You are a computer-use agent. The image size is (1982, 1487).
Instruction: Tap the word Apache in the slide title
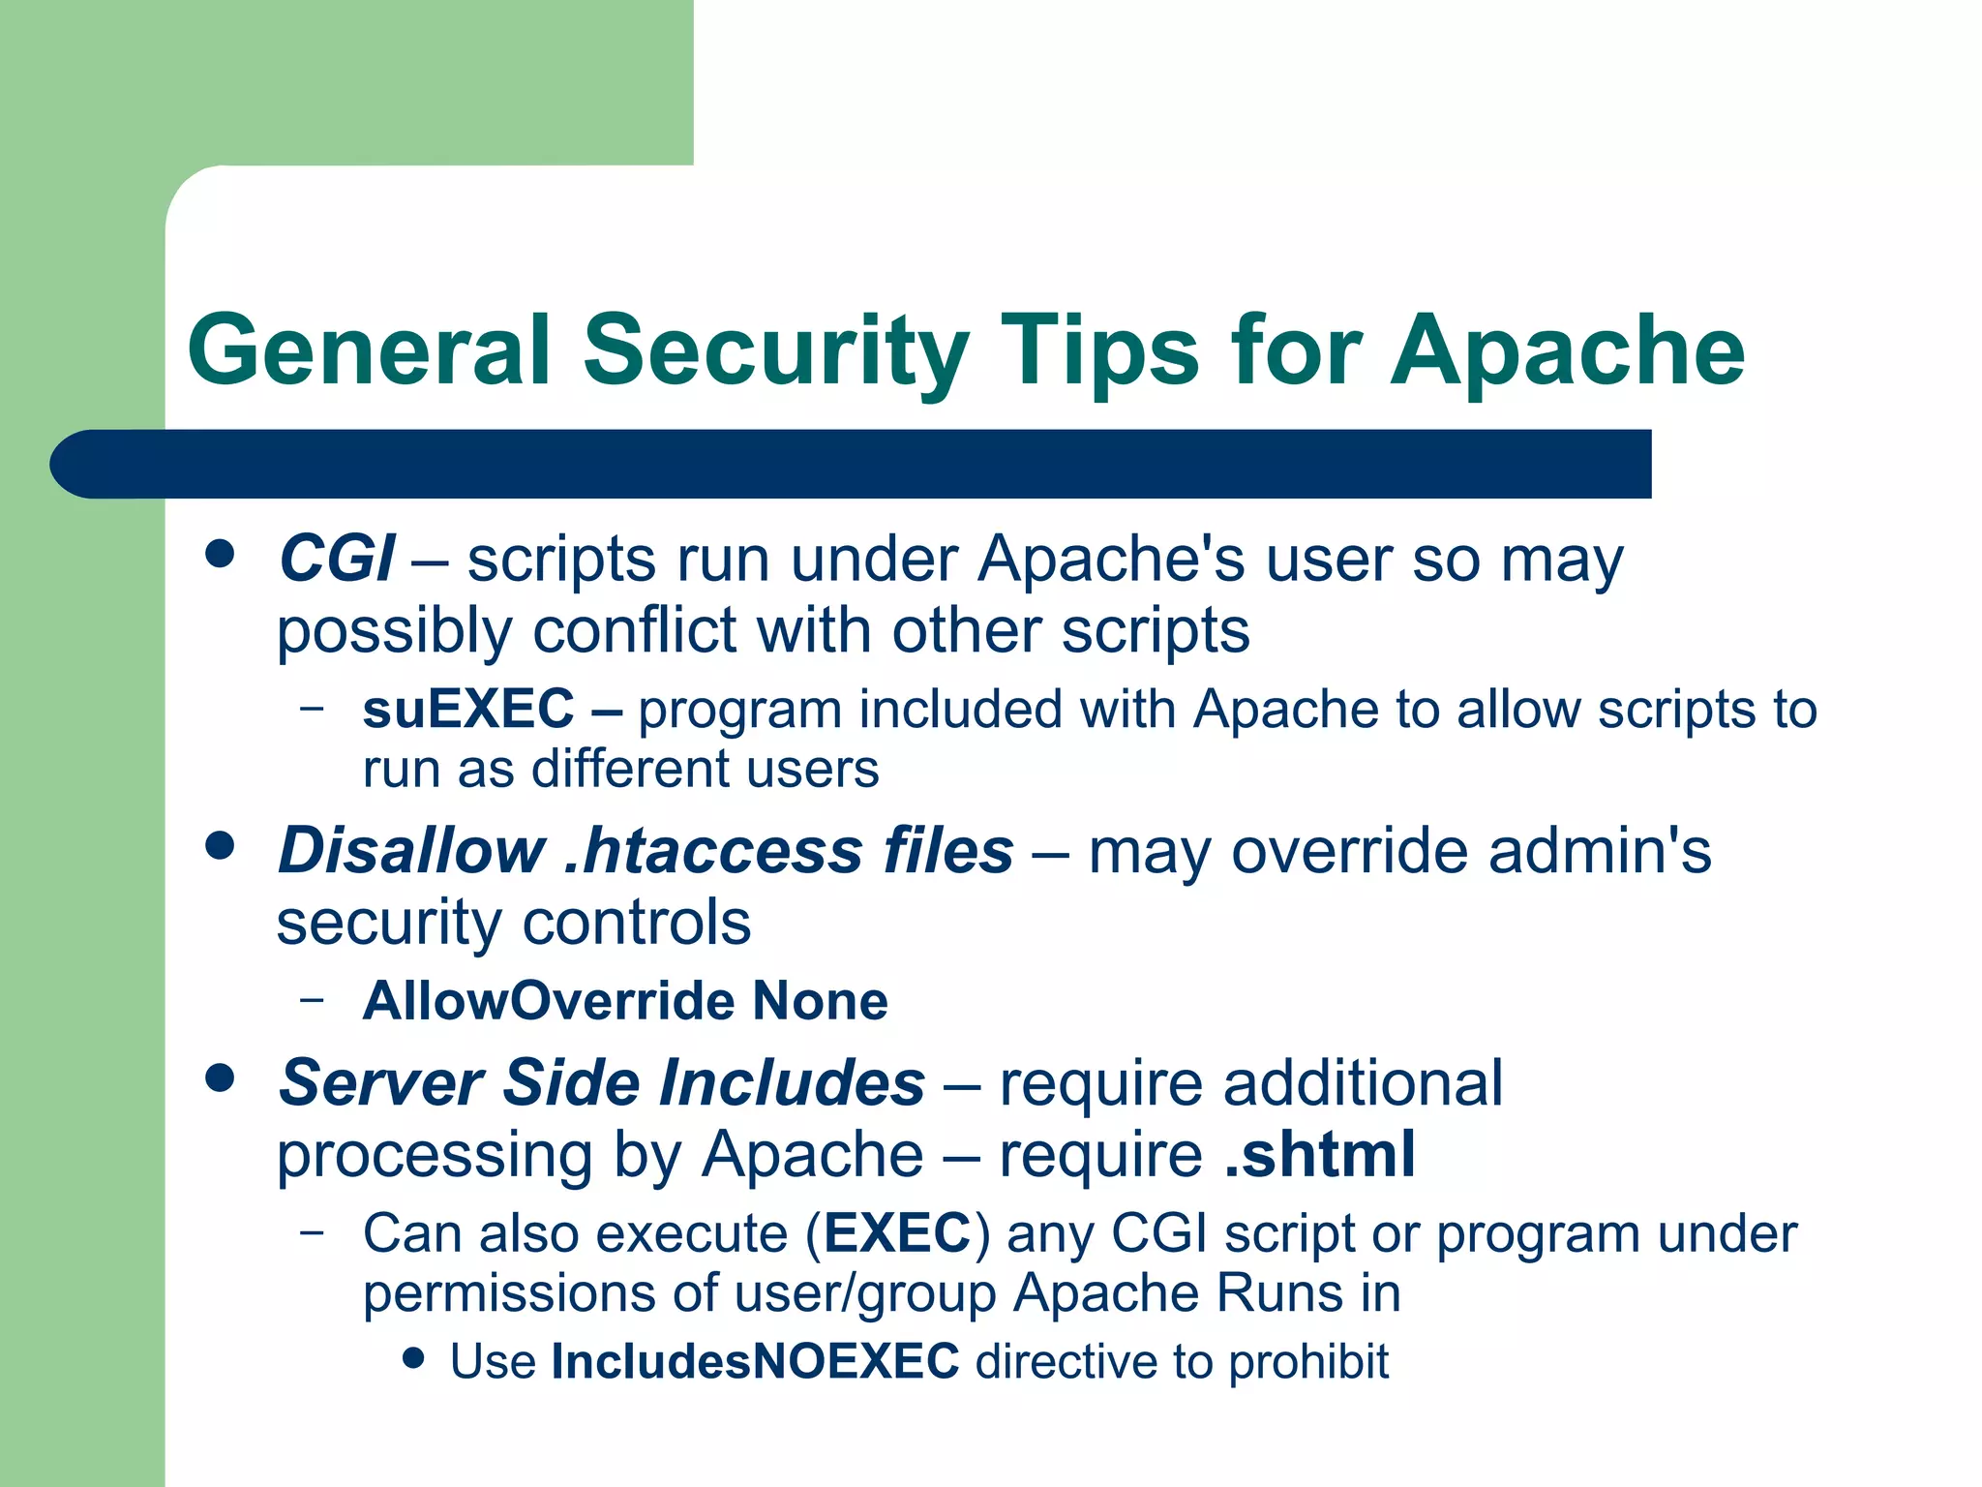point(1568,350)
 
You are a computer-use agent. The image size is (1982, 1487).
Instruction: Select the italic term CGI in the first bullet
point(336,560)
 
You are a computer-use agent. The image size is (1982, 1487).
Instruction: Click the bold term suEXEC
point(468,709)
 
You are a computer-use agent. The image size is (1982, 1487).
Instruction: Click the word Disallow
point(411,851)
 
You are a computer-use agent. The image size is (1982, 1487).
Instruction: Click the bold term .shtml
point(1319,1154)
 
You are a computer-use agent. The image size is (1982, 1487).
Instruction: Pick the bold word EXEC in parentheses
point(897,1233)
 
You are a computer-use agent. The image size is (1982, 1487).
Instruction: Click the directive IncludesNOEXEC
point(755,1361)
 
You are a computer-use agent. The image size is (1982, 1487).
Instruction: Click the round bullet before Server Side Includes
point(221,1077)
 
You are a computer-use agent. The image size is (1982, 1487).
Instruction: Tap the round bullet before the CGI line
point(221,554)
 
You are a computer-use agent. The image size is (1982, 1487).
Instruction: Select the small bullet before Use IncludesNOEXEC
point(414,1357)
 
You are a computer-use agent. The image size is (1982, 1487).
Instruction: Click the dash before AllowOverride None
point(312,998)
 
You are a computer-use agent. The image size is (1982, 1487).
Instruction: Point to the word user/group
point(865,1293)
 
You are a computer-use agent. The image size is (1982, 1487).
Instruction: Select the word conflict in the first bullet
point(635,631)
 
